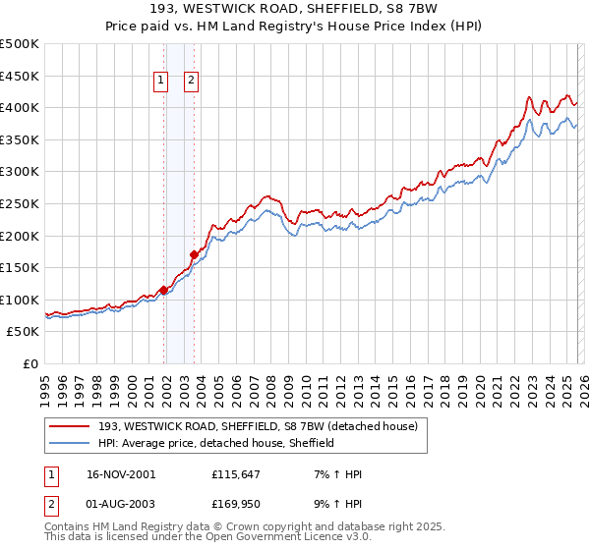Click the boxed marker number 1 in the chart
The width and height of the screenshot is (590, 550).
pos(160,82)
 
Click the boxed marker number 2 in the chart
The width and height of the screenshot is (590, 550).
pos(191,82)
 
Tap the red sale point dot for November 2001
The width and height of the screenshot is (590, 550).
pos(163,289)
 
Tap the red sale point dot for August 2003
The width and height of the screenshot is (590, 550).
pos(194,254)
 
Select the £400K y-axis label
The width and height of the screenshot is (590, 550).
pos(21,108)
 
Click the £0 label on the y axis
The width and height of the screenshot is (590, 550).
pos(29,363)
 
